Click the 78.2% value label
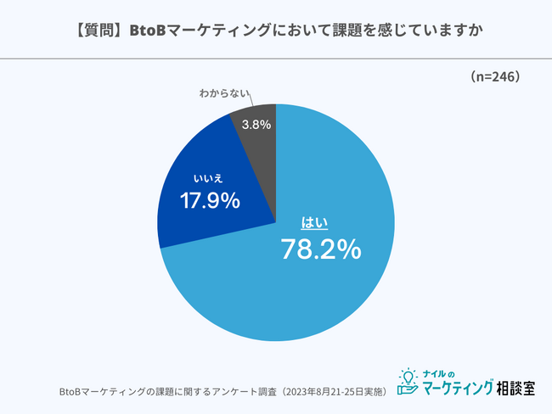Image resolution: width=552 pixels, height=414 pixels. click(321, 249)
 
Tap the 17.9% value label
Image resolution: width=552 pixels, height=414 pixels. click(210, 201)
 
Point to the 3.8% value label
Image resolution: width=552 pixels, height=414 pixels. click(256, 125)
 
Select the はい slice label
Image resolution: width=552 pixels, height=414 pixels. click(315, 223)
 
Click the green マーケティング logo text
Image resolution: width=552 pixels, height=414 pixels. click(458, 389)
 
